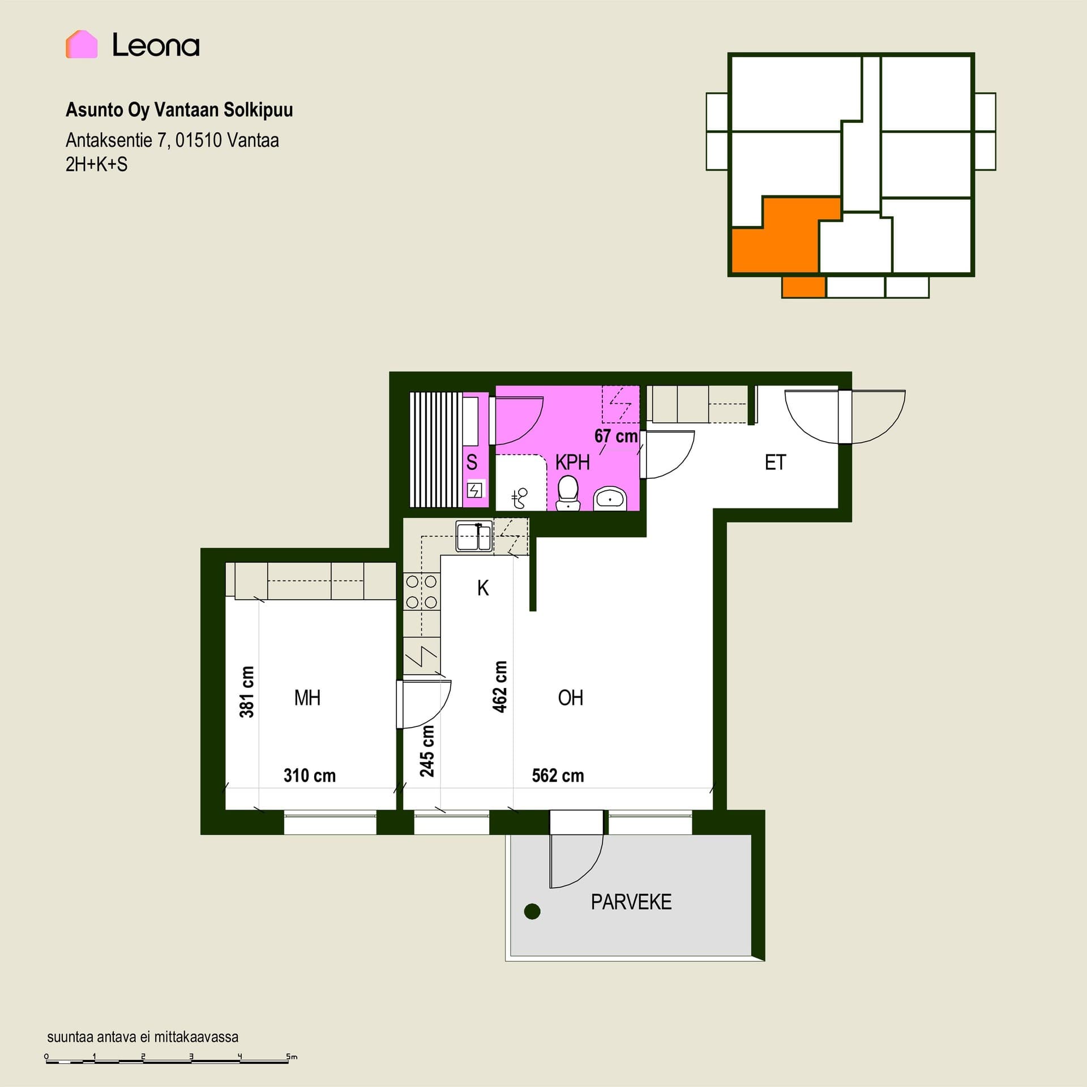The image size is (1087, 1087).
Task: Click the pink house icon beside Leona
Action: (82, 44)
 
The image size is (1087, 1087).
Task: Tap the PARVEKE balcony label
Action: (631, 902)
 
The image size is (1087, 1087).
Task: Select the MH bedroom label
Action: (307, 698)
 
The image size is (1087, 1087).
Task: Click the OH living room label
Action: (570, 698)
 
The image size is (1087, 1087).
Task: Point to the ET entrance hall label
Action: (775, 463)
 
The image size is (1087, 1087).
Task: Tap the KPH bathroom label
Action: (572, 463)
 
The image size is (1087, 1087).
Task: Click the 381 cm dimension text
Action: (247, 692)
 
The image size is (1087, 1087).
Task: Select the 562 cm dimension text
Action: (558, 776)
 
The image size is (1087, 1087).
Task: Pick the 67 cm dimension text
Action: (616, 436)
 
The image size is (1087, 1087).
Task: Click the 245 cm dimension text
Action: (427, 751)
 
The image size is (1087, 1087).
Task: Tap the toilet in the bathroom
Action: (568, 493)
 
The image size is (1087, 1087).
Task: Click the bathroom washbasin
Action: (610, 498)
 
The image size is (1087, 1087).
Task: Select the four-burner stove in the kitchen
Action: (422, 592)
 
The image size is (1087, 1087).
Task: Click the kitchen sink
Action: (474, 536)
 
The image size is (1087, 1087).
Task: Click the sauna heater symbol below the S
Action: (474, 489)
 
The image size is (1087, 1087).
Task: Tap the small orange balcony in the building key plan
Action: (803, 287)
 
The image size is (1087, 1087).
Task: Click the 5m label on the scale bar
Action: (291, 1056)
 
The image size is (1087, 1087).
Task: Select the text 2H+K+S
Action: (96, 165)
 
